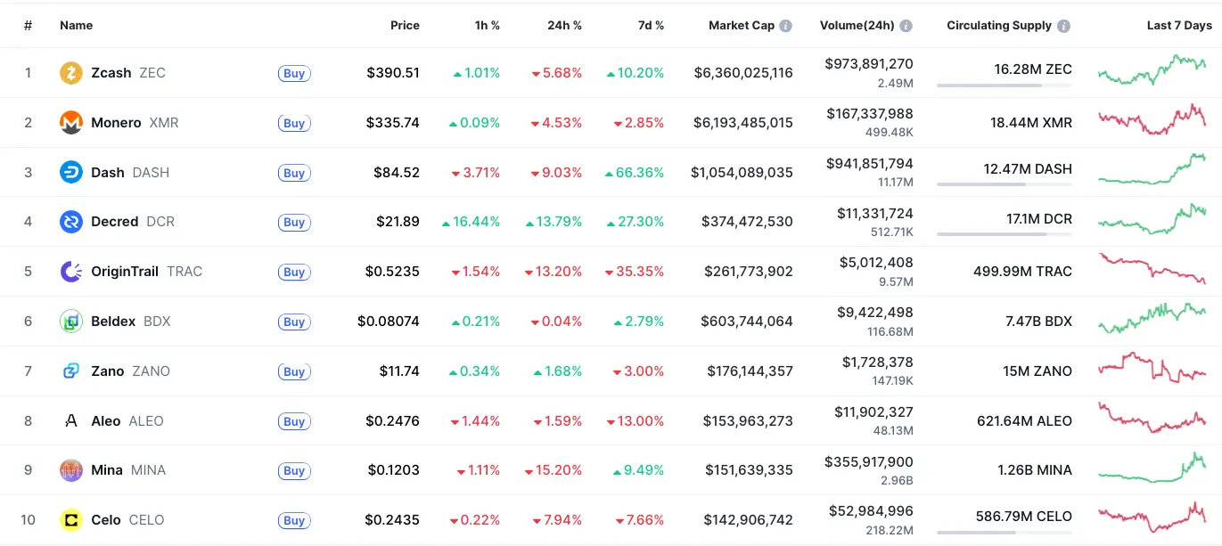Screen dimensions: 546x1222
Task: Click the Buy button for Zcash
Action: point(294,74)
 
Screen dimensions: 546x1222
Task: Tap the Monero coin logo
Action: point(71,123)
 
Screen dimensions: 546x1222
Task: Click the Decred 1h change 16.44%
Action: point(471,222)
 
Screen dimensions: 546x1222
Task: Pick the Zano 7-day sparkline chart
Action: point(1152,369)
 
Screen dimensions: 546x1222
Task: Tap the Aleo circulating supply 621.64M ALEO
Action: point(1024,420)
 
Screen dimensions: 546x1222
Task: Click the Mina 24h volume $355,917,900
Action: point(868,462)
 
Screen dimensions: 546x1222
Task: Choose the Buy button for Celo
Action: point(294,521)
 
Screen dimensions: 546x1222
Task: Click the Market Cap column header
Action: point(741,26)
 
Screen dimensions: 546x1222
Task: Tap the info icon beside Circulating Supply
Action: point(1063,26)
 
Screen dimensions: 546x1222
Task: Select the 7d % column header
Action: point(651,26)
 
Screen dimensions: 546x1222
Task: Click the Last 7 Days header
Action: point(1178,26)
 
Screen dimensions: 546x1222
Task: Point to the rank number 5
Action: point(28,272)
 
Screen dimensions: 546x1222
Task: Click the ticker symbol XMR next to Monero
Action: point(164,123)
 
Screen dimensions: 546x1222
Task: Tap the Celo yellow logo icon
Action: point(71,520)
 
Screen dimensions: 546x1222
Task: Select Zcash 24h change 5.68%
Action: point(556,73)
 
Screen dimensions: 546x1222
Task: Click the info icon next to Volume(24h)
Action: point(906,26)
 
